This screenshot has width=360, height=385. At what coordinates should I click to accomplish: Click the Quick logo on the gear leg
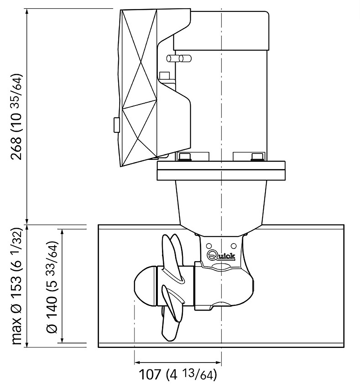coord(221,256)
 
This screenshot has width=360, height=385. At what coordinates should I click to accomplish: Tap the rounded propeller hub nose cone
coord(145,286)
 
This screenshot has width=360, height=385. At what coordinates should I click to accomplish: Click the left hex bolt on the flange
coord(185,157)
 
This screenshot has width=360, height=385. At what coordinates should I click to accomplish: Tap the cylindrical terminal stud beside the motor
coord(179,59)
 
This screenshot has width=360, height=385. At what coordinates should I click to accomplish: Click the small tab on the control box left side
coord(117,125)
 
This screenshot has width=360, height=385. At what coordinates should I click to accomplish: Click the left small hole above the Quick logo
coord(209,246)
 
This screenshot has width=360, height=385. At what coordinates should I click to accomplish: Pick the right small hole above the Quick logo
coord(234,246)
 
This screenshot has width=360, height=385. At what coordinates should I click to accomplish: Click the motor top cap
coord(221,31)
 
